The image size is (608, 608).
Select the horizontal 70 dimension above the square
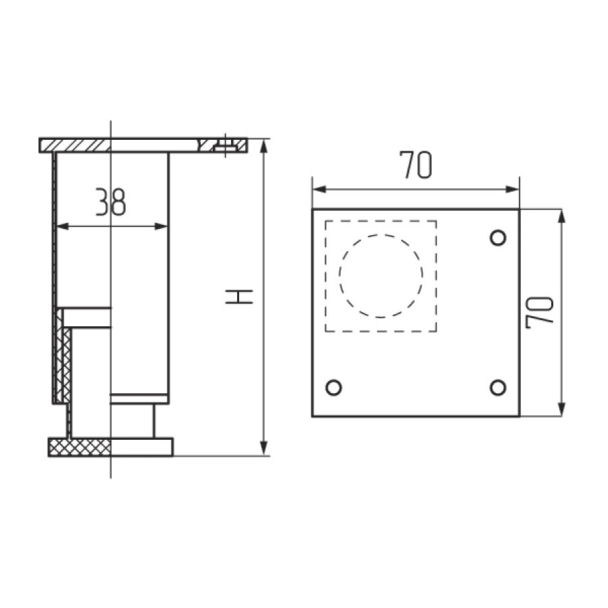point(415,166)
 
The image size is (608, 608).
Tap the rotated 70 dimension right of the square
point(540,311)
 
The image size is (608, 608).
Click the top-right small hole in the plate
point(497,238)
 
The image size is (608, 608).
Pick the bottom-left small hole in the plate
point(333,388)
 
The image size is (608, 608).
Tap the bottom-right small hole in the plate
point(497,388)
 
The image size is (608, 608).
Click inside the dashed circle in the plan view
point(381,276)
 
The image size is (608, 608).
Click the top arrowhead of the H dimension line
point(265,146)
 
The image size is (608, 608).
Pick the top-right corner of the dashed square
point(436,220)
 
